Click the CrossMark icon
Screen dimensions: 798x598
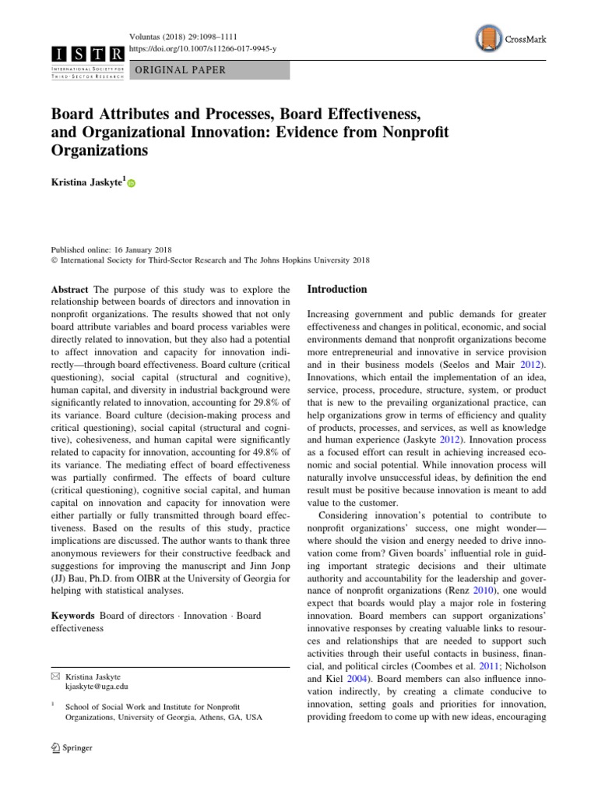pos(486,37)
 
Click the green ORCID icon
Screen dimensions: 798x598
pos(132,184)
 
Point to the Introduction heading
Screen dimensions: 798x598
pos(336,289)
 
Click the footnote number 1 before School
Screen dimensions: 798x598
pos(52,704)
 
